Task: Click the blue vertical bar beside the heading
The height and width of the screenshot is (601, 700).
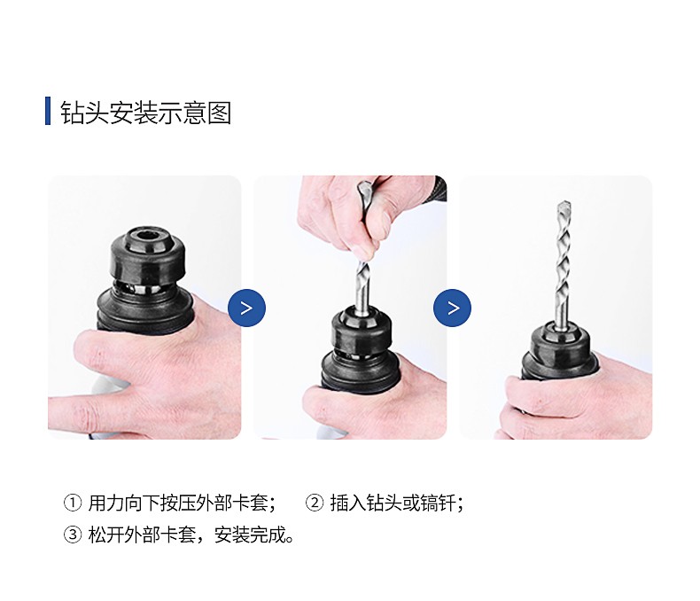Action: point(48,111)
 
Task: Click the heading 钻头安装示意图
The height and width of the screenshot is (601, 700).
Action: point(146,112)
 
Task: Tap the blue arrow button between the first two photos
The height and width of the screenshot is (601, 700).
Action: point(246,308)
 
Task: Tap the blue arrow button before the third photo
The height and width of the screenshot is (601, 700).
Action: point(452,308)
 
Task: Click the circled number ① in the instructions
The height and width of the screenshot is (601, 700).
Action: point(73,503)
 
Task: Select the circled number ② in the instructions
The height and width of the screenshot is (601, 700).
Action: point(315,503)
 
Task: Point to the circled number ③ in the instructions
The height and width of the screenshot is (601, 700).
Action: point(73,535)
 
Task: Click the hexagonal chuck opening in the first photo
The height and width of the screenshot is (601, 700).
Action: point(146,234)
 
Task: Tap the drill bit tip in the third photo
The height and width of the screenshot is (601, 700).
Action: point(564,207)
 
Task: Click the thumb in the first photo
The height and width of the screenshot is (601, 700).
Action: point(103,352)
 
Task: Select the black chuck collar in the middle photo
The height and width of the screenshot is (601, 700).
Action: point(362,332)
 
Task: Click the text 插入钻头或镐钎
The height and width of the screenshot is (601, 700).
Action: point(393,503)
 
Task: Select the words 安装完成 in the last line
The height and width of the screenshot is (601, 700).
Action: point(250,535)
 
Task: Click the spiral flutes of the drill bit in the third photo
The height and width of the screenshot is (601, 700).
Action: point(564,259)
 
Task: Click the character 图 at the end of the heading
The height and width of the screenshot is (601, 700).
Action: point(219,112)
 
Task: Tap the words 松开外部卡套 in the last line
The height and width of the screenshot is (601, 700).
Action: point(142,535)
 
